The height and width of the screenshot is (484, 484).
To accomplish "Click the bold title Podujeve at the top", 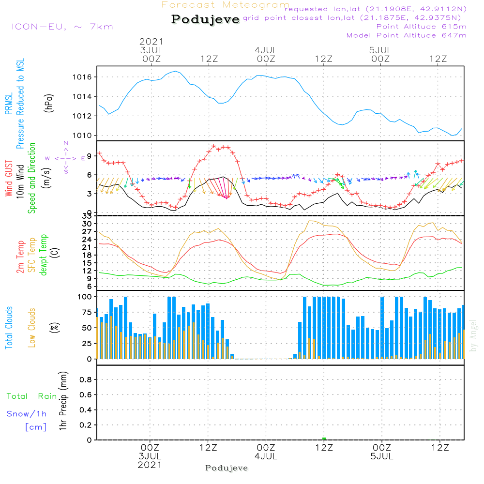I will [x=206, y=19].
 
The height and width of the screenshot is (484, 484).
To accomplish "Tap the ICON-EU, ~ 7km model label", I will [x=62, y=27].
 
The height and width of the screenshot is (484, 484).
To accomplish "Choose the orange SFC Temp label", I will [x=32, y=255].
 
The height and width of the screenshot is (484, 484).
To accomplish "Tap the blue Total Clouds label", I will [x=9, y=328].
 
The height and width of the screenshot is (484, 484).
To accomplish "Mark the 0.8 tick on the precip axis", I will [x=86, y=379].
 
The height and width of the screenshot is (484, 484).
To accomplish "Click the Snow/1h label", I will [x=27, y=414].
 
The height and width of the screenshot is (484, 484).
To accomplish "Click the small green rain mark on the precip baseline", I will [x=324, y=439].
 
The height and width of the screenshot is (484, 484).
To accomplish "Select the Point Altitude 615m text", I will [x=421, y=26].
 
